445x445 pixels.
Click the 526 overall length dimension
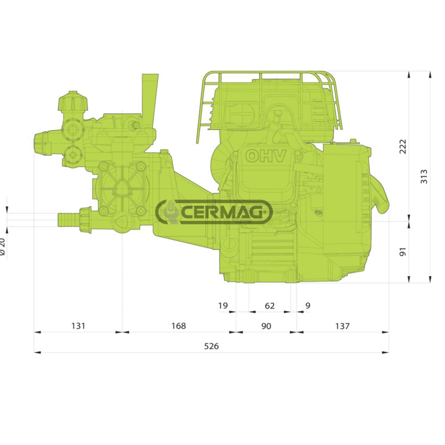click(x=211, y=346)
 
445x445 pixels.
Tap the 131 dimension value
click(x=78, y=326)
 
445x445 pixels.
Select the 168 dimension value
click(x=178, y=326)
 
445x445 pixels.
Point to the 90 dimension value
click(x=266, y=326)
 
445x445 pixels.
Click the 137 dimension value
click(x=342, y=326)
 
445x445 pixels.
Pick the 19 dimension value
click(x=223, y=306)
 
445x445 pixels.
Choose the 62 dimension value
click(x=270, y=306)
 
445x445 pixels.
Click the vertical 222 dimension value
click(x=403, y=146)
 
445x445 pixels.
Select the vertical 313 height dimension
click(x=424, y=177)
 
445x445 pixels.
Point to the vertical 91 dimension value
click(x=403, y=252)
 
